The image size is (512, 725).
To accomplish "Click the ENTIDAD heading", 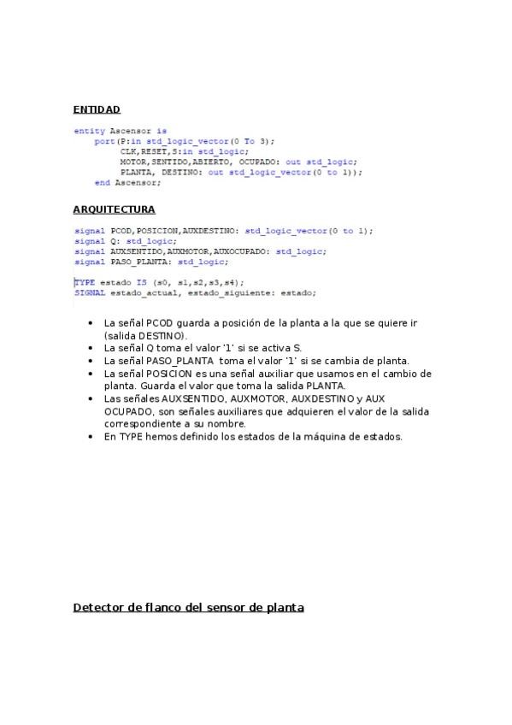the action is point(97,109).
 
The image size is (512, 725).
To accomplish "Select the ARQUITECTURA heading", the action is point(114,209).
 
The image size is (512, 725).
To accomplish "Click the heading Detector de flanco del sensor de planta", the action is point(189,608).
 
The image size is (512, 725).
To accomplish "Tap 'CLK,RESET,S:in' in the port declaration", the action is point(148,151).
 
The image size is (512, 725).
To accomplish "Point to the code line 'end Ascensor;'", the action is point(127,182).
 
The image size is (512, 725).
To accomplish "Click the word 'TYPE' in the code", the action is point(85,282).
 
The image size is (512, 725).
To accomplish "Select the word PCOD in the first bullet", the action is point(160,324).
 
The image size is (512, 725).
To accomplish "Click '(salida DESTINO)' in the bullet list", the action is point(144,337).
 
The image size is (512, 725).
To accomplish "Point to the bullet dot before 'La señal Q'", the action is point(91,349).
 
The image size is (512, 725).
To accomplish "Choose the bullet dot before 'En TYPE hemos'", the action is point(91,437).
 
